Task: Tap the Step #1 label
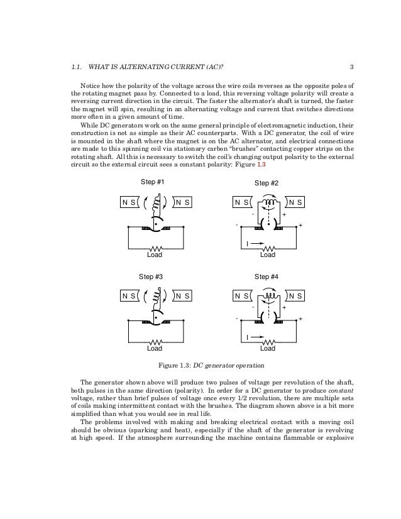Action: tap(151, 182)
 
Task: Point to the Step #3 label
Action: tap(151, 276)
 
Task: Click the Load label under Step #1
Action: tap(154, 255)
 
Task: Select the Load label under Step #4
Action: tap(268, 348)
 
